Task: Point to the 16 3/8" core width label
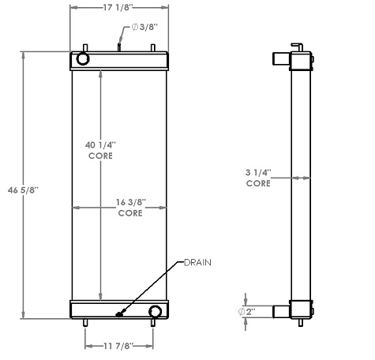[x=129, y=203]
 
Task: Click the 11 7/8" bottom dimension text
[x=120, y=344]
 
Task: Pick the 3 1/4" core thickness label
[x=258, y=172]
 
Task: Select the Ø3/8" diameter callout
[x=144, y=27]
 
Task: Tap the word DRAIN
[x=198, y=261]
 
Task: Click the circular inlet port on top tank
[x=83, y=59]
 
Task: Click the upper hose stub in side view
[x=280, y=58]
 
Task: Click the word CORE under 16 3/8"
[x=129, y=213]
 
